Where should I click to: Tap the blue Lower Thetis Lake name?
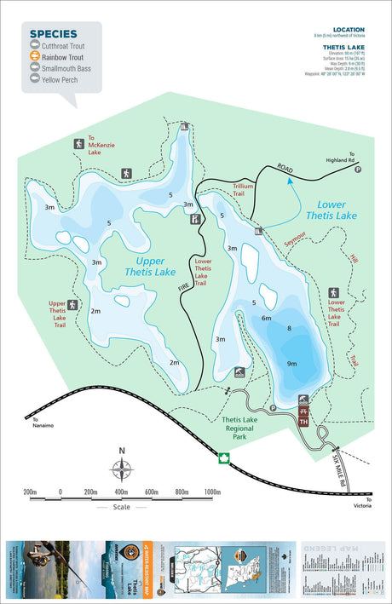[x=337, y=210]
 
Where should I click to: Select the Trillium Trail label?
[x=245, y=189]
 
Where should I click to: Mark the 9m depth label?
[x=292, y=364]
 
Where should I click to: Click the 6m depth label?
[x=267, y=318]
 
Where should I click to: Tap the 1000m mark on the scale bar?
[x=213, y=492]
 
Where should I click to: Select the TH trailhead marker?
[x=303, y=422]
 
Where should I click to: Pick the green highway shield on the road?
[x=225, y=458]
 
